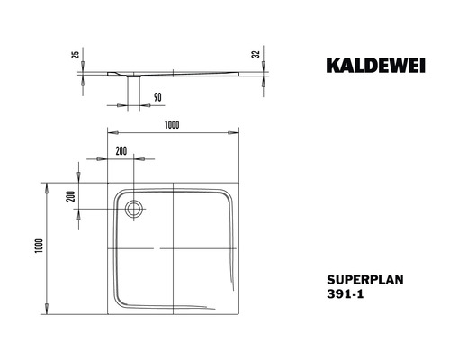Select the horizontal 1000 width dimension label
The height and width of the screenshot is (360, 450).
click(x=173, y=125)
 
